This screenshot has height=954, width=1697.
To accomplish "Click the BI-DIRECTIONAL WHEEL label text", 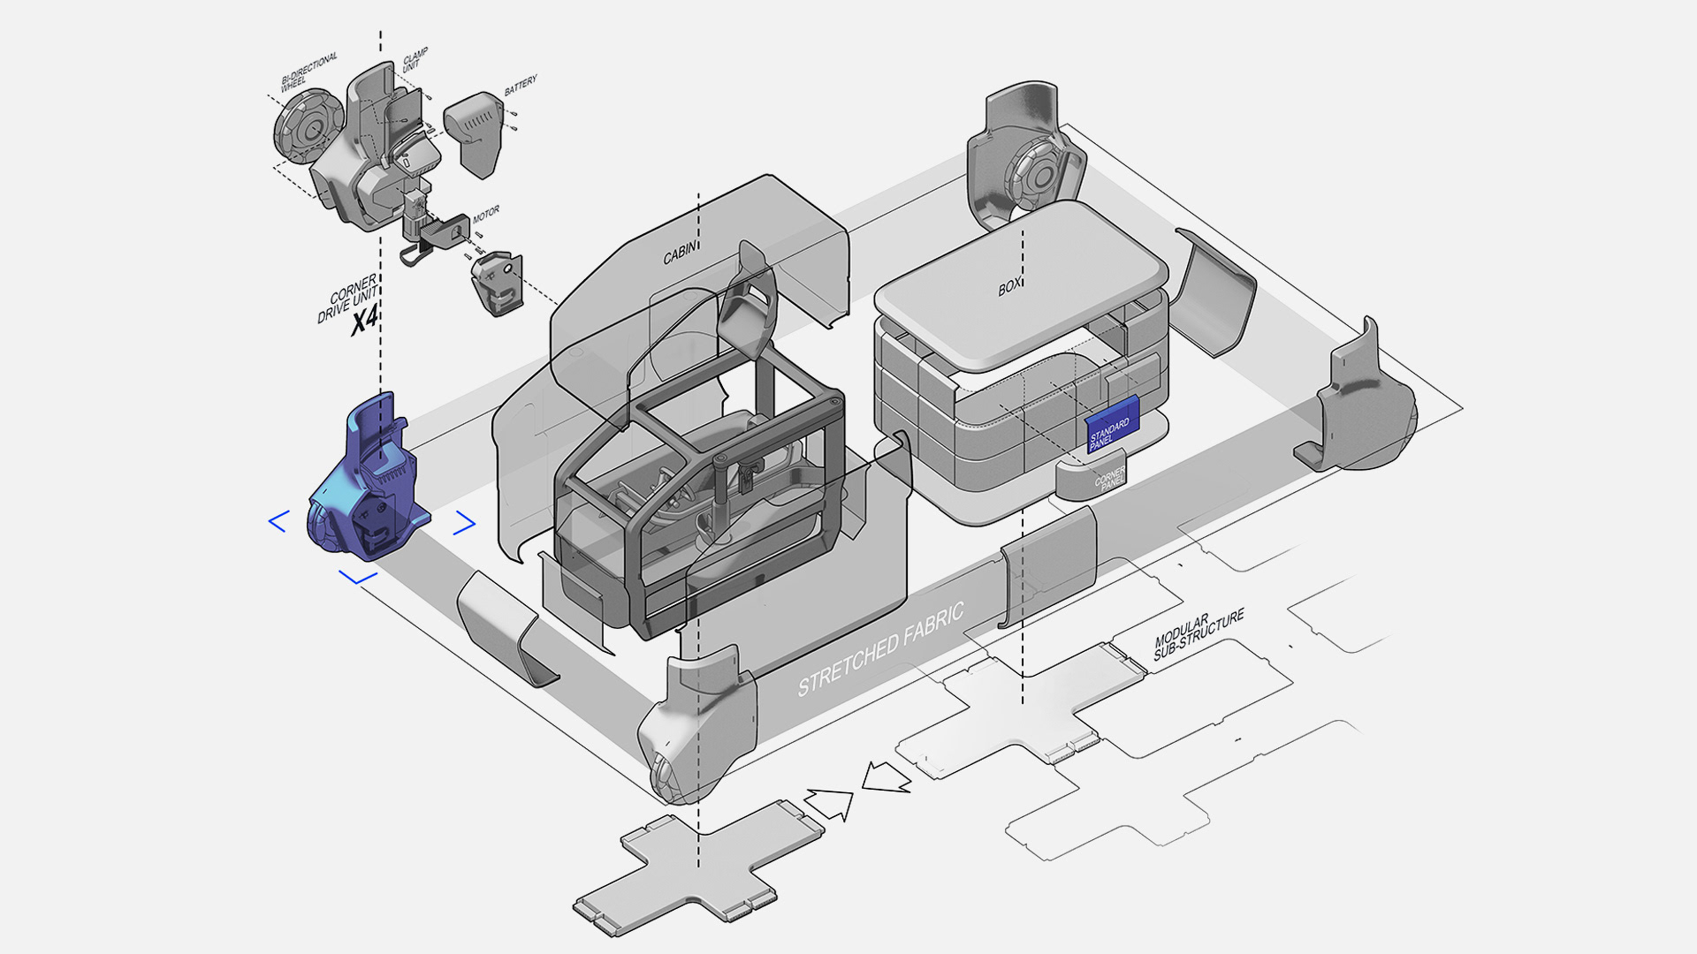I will pos(308,72).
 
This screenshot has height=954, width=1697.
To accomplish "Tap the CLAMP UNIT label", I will pos(415,60).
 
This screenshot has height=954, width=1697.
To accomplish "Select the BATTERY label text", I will pos(521,86).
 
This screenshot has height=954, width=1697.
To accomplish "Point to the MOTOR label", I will pos(486,215).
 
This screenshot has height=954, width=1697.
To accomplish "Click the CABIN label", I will pos(680,253).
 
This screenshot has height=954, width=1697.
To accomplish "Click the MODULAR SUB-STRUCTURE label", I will pos(1198,632).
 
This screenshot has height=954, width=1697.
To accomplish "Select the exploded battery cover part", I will pos(475,132).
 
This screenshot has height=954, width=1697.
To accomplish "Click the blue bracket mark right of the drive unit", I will pos(465,524).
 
